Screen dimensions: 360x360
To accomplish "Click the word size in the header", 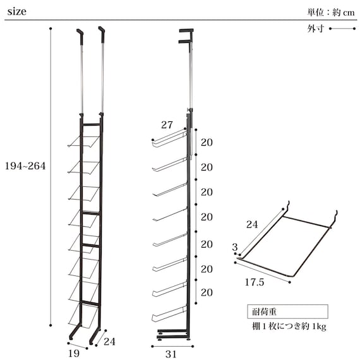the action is click(17, 11).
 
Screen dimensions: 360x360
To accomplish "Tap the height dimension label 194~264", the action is click(25, 165).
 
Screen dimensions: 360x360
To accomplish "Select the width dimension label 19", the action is click(74, 353).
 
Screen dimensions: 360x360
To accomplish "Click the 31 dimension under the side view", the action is click(171, 354).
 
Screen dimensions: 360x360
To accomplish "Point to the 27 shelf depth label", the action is click(167, 125).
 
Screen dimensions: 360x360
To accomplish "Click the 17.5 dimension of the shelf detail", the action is click(255, 282).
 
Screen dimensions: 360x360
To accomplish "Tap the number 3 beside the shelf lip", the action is click(235, 247).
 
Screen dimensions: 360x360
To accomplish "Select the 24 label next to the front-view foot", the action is click(109, 342).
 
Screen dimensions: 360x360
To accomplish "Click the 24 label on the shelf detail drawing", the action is click(252, 224).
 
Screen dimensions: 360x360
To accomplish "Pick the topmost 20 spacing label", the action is click(207, 142).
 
